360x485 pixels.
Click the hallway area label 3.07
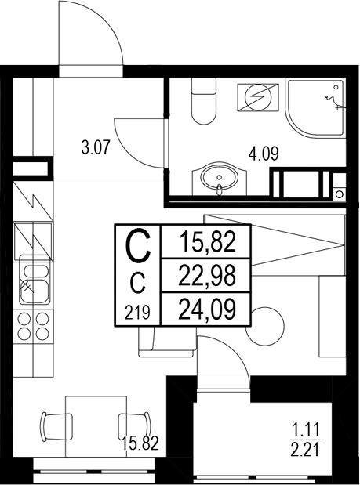click(96, 145)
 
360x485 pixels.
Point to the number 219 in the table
click(137, 313)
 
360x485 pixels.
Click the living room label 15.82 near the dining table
click(140, 443)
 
